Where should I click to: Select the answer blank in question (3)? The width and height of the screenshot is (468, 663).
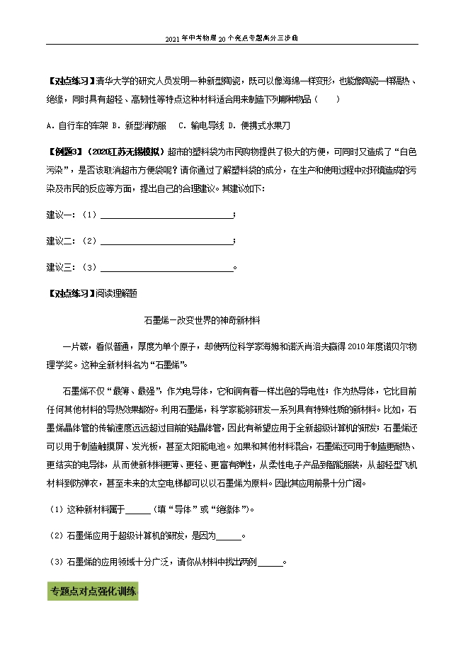(x=270, y=562)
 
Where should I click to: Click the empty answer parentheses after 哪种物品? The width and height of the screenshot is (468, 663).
(x=327, y=99)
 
